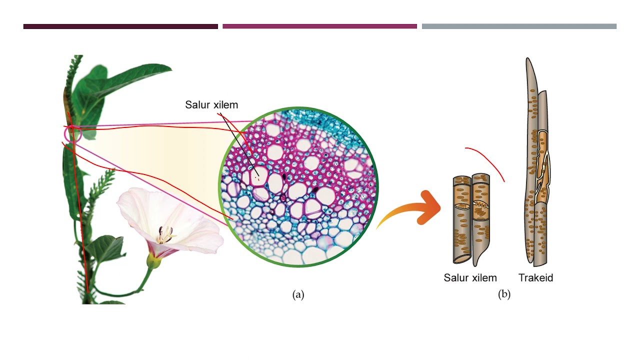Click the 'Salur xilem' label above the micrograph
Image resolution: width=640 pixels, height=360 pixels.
tap(211, 105)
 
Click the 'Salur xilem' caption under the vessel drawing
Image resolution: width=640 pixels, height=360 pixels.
tap(470, 277)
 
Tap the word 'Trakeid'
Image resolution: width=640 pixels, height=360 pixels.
tap(535, 277)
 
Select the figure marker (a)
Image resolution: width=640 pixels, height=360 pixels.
tap(298, 294)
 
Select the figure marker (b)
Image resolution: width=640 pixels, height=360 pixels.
tap(504, 294)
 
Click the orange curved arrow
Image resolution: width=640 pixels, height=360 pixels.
tap(412, 210)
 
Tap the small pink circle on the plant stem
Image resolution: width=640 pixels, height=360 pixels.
tap(73, 133)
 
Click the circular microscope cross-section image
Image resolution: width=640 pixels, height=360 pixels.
tap(298, 186)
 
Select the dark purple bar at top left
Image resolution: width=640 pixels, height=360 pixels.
tap(120, 26)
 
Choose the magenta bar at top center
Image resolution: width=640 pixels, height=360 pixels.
tap(319, 26)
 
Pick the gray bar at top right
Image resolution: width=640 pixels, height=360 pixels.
tap(519, 26)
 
